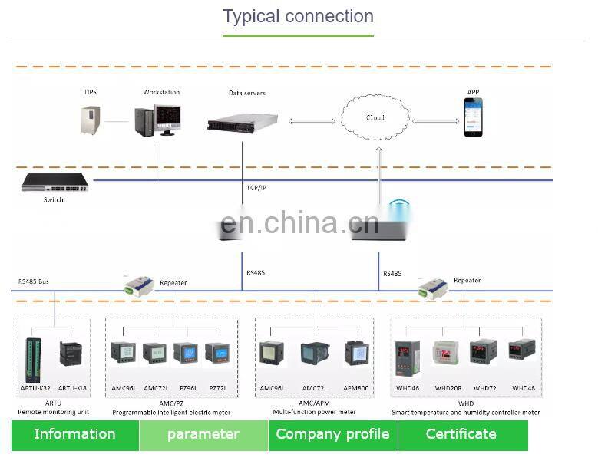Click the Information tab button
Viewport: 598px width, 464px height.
[74, 434]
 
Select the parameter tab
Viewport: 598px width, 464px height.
[203, 434]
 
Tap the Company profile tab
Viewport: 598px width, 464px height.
[332, 434]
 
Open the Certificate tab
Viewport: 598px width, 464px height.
[461, 434]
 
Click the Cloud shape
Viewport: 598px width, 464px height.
[375, 117]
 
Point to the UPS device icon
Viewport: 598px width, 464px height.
[91, 120]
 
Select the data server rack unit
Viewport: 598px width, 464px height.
[242, 120]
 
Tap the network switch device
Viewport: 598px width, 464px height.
[55, 183]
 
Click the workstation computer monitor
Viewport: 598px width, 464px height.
[167, 119]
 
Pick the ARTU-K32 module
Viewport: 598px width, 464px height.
[33, 359]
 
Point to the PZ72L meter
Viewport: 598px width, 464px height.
[217, 354]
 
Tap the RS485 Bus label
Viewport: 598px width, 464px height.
[33, 281]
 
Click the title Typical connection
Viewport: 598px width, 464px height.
[298, 16]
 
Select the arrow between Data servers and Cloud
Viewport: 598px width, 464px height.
[311, 120]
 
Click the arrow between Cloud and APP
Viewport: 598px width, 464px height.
[436, 120]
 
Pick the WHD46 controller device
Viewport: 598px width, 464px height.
[407, 357]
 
